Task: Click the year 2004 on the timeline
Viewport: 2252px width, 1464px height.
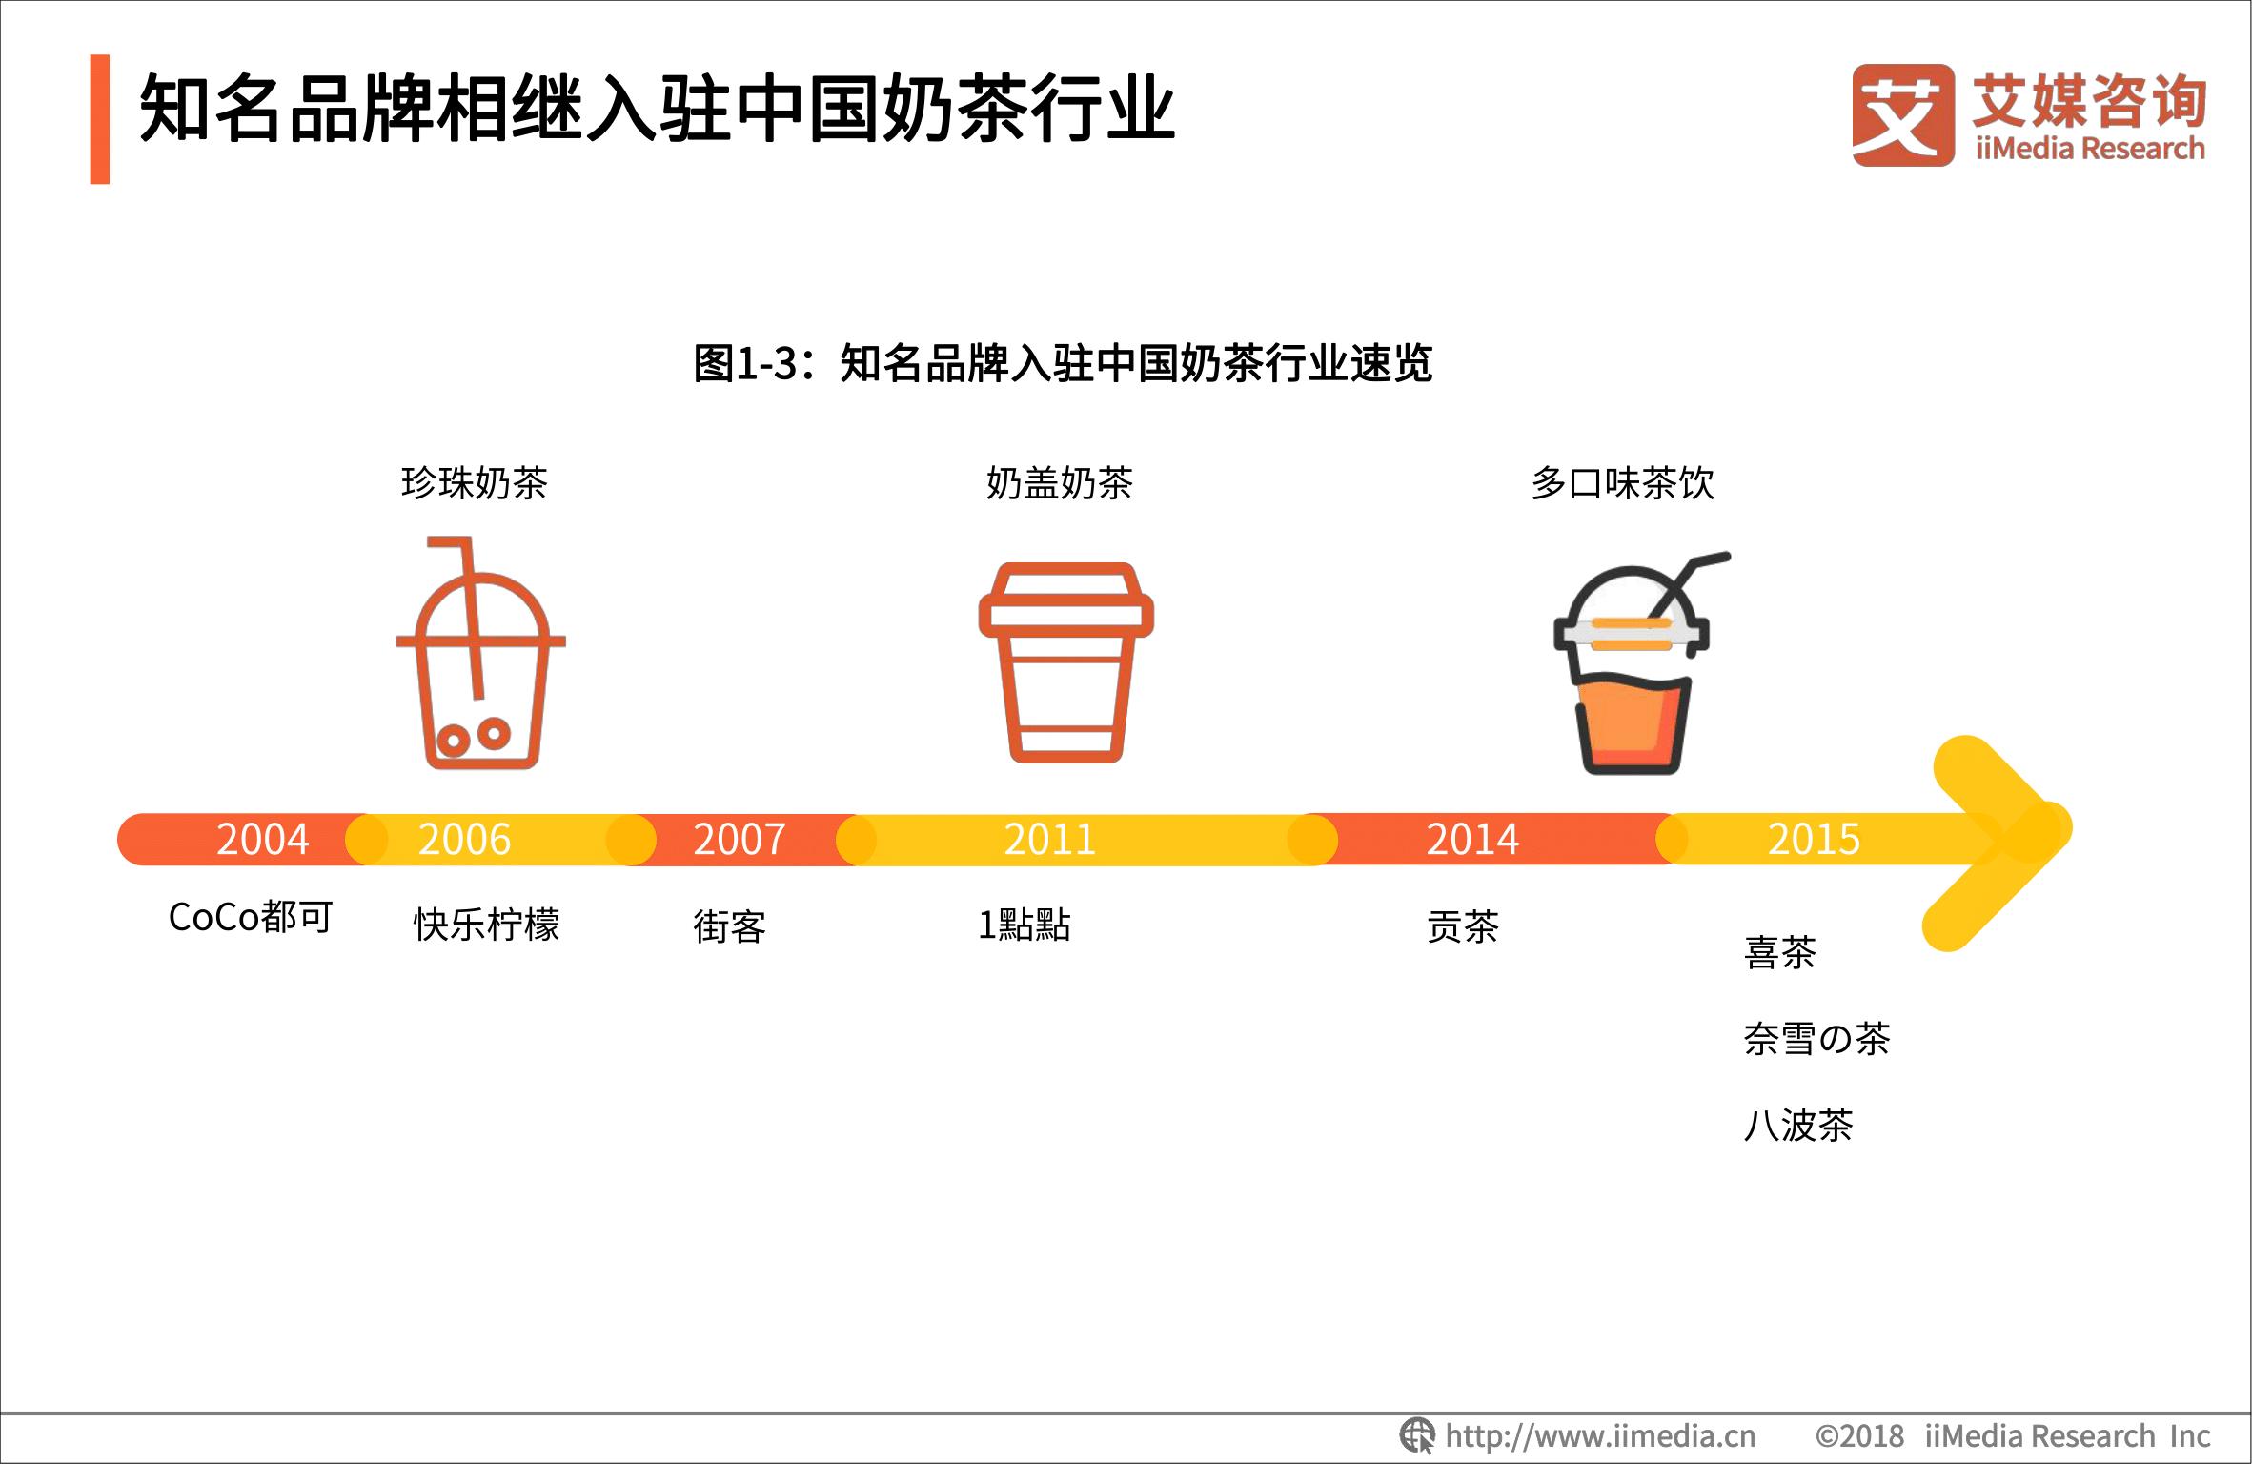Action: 262,840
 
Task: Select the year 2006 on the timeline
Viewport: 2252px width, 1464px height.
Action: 464,840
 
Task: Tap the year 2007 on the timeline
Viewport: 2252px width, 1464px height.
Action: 739,840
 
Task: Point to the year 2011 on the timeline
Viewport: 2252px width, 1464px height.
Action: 1049,840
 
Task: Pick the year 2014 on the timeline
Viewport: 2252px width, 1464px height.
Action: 1471,840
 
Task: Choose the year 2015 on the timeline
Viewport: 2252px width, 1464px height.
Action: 1814,840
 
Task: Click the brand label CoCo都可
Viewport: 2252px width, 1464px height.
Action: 251,918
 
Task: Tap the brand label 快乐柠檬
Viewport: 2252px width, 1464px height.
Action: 486,925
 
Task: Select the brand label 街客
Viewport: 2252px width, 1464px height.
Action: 729,926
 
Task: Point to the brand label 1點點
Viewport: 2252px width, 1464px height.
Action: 1025,925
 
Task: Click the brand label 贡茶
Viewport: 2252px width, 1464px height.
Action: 1463,926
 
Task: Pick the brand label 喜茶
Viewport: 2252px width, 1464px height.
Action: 1779,952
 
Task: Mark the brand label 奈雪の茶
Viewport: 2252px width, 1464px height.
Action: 1816,1039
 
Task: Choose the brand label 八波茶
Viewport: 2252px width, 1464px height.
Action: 1798,1126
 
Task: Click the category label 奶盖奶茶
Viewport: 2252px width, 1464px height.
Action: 1059,483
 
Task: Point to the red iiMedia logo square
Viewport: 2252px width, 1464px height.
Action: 1901,115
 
